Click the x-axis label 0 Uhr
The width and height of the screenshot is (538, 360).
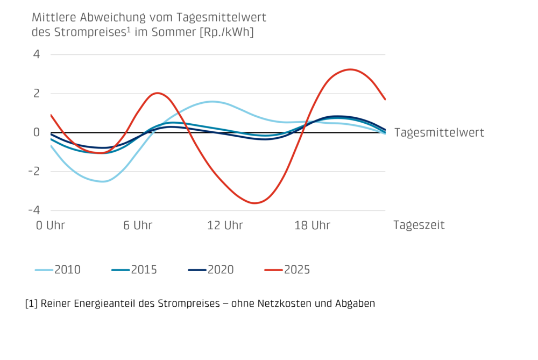[x=51, y=225]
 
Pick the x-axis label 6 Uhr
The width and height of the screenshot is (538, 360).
[x=138, y=225]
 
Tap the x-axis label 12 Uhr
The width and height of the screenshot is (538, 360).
[x=225, y=225]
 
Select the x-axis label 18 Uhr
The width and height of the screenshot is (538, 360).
[x=313, y=225]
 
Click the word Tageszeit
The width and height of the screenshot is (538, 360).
[x=419, y=225]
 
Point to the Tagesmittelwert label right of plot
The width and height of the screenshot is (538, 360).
[x=439, y=132]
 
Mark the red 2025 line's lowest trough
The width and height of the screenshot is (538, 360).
[x=255, y=203]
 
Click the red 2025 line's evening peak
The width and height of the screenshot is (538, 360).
[x=350, y=69]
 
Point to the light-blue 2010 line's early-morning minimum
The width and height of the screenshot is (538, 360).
[x=104, y=181]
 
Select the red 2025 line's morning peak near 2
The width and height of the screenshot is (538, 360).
[x=157, y=93]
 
